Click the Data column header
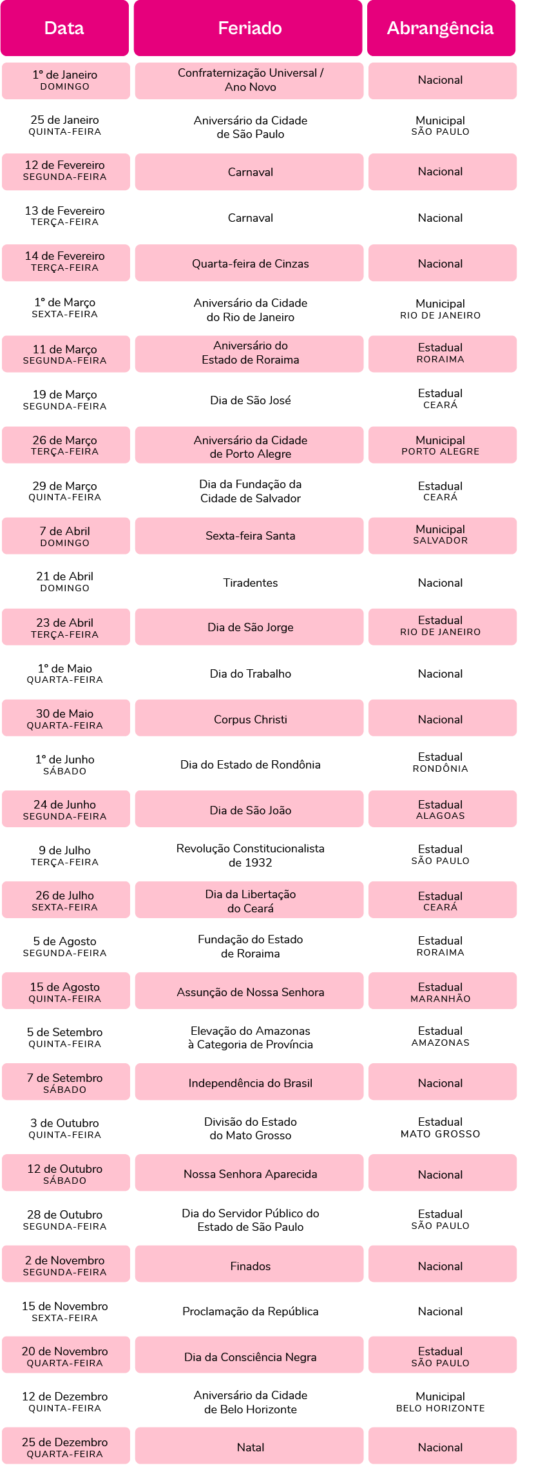pos(64,28)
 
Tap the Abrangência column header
pos(441,28)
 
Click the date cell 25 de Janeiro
pos(65,125)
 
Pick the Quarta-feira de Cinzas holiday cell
pos(249,263)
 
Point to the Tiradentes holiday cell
pos(251,583)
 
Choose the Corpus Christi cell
pos(249,718)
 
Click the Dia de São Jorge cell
pos(249,627)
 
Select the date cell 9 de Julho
pos(65,856)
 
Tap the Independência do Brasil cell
pos(249,1082)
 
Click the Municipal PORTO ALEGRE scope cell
pos(443,445)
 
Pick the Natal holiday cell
pos(249,1446)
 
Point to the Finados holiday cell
pos(249,1264)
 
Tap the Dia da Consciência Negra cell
pos(249,1355)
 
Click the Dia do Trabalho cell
pos(251,674)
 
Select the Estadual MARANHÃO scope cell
pos(443,991)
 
